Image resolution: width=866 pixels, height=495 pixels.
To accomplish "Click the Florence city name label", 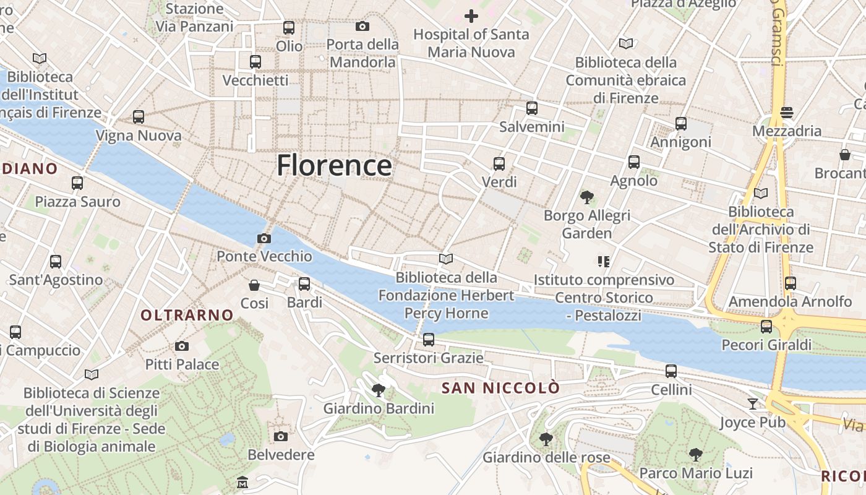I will pos(334,165).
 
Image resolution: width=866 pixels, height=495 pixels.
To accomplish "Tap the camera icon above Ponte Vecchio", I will pos(264,238).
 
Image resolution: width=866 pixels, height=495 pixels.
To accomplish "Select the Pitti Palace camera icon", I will pos(182,346).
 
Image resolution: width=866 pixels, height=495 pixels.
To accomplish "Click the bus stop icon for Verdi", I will pos(499,164).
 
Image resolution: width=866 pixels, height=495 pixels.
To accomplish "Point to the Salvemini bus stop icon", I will pos(532,108).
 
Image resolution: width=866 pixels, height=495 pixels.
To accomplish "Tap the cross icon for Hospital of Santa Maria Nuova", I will pos(471,16).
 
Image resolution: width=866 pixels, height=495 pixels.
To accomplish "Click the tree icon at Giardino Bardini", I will pos(379,390).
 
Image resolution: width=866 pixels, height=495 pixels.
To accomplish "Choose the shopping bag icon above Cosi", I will pos(254,285).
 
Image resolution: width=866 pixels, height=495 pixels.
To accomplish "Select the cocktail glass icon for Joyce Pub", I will pos(752,404).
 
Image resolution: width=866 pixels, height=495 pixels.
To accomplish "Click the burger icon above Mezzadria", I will pos(787,113).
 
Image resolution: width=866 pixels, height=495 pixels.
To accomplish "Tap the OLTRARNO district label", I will pos(187,315).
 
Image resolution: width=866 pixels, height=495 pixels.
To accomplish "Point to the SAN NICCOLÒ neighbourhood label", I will pos(501,388).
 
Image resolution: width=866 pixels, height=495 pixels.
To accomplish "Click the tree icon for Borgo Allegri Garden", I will pos(586,197).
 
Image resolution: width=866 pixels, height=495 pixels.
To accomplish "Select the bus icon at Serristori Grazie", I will pos(428,339).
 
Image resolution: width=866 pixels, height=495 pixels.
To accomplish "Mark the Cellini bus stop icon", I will pos(671,371).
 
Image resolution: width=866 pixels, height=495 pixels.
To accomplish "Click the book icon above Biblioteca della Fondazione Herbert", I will pos(446,259).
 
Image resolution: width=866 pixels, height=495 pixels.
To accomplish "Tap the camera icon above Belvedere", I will pos(281,436).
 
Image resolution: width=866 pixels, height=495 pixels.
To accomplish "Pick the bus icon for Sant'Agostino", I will pos(56,261).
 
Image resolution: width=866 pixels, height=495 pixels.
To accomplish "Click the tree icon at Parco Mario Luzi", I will pos(696,454).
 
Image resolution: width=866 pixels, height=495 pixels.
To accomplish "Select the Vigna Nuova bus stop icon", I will pos(139,117).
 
